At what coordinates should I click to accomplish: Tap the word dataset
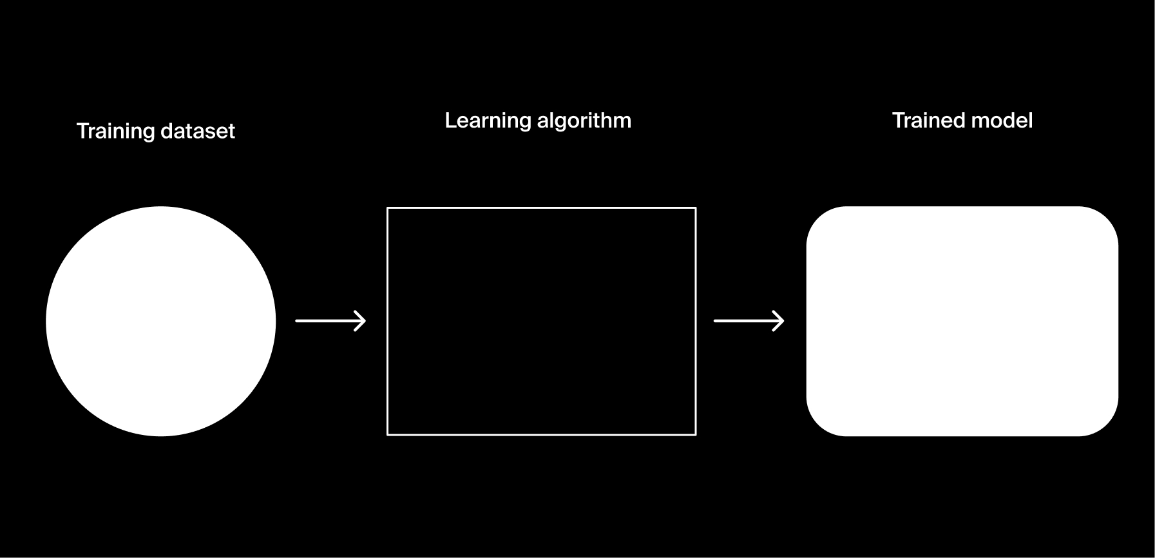pyautogui.click(x=197, y=131)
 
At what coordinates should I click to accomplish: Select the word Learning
pyautogui.click(x=488, y=121)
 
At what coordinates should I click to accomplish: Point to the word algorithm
pyautogui.click(x=584, y=121)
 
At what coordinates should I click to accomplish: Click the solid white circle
pyautogui.click(x=161, y=321)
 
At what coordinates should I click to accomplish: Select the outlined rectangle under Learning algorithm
pyautogui.click(x=541, y=321)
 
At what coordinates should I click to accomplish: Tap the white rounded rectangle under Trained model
pyautogui.click(x=962, y=321)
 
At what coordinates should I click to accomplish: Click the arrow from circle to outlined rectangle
pyautogui.click(x=330, y=320)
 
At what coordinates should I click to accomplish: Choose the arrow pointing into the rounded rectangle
pyautogui.click(x=749, y=320)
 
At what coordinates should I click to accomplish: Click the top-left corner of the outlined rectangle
pyautogui.click(x=388, y=208)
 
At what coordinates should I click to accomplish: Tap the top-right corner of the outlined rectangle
pyautogui.click(x=696, y=208)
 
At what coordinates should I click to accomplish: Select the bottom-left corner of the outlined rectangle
pyautogui.click(x=388, y=434)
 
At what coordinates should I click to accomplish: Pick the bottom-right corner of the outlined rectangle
pyautogui.click(x=696, y=434)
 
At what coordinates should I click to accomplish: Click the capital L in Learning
pyautogui.click(x=450, y=120)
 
